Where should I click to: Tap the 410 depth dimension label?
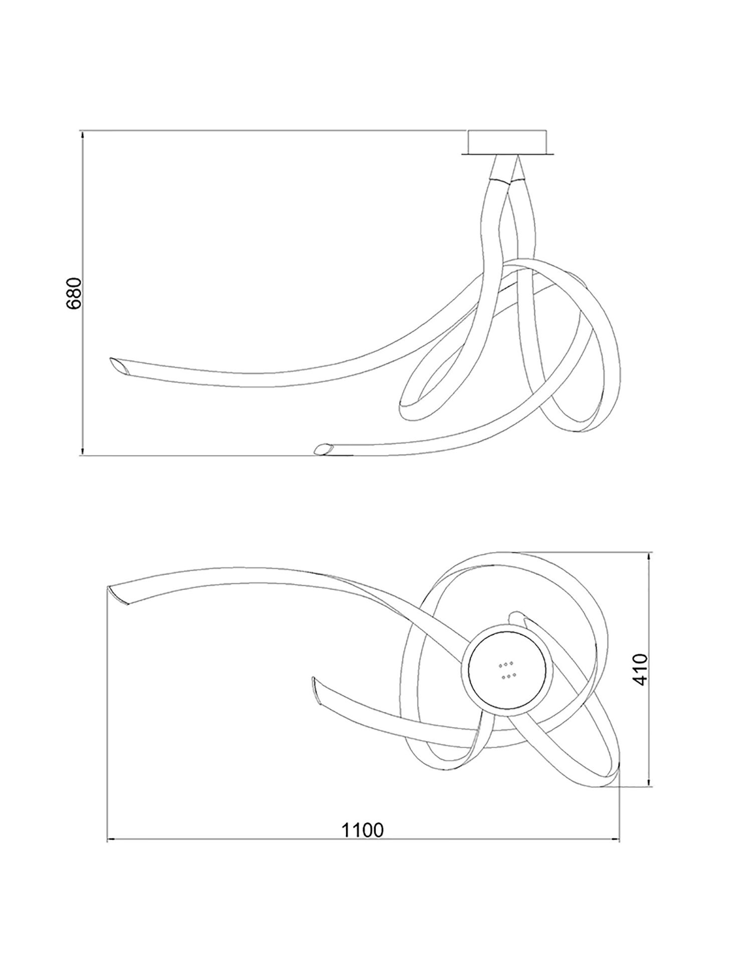point(640,669)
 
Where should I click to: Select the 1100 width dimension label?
point(362,830)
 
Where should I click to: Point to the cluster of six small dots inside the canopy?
point(506,670)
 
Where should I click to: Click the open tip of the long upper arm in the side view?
point(119,365)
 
